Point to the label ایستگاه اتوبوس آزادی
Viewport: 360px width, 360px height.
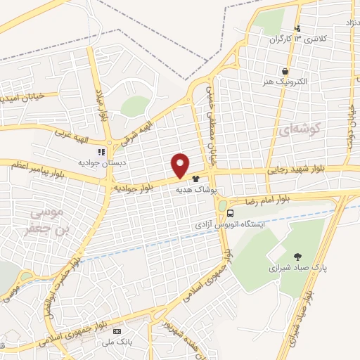point(232,226)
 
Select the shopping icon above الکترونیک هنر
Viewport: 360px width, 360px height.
point(285,72)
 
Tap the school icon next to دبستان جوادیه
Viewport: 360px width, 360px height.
point(102,151)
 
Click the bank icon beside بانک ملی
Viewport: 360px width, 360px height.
point(117,331)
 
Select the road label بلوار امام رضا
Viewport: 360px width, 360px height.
point(269,200)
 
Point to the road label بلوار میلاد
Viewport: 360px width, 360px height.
point(101,105)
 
